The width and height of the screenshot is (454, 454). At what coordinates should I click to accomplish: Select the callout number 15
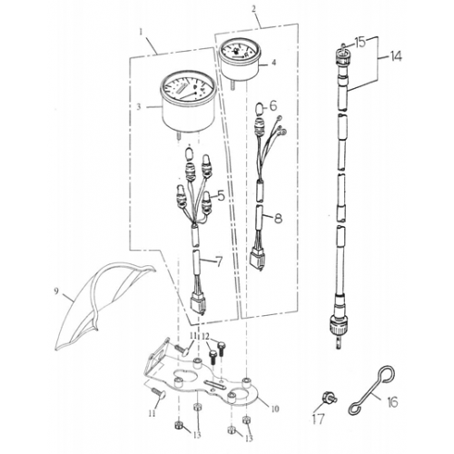360,42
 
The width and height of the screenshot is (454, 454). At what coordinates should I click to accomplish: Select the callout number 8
278,218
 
